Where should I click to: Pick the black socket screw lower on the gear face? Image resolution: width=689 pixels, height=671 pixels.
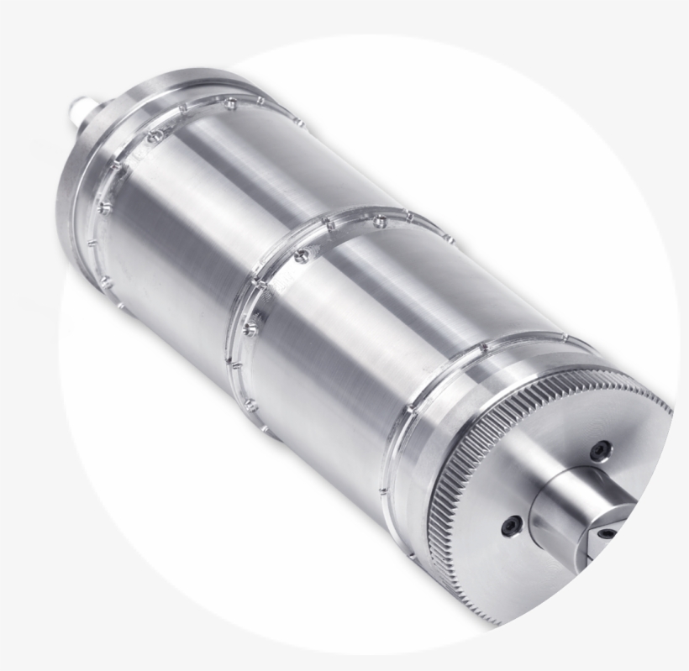[512, 527]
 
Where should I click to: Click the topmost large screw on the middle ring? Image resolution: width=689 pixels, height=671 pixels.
[379, 223]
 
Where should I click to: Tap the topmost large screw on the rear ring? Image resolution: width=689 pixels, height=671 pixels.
[229, 103]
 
